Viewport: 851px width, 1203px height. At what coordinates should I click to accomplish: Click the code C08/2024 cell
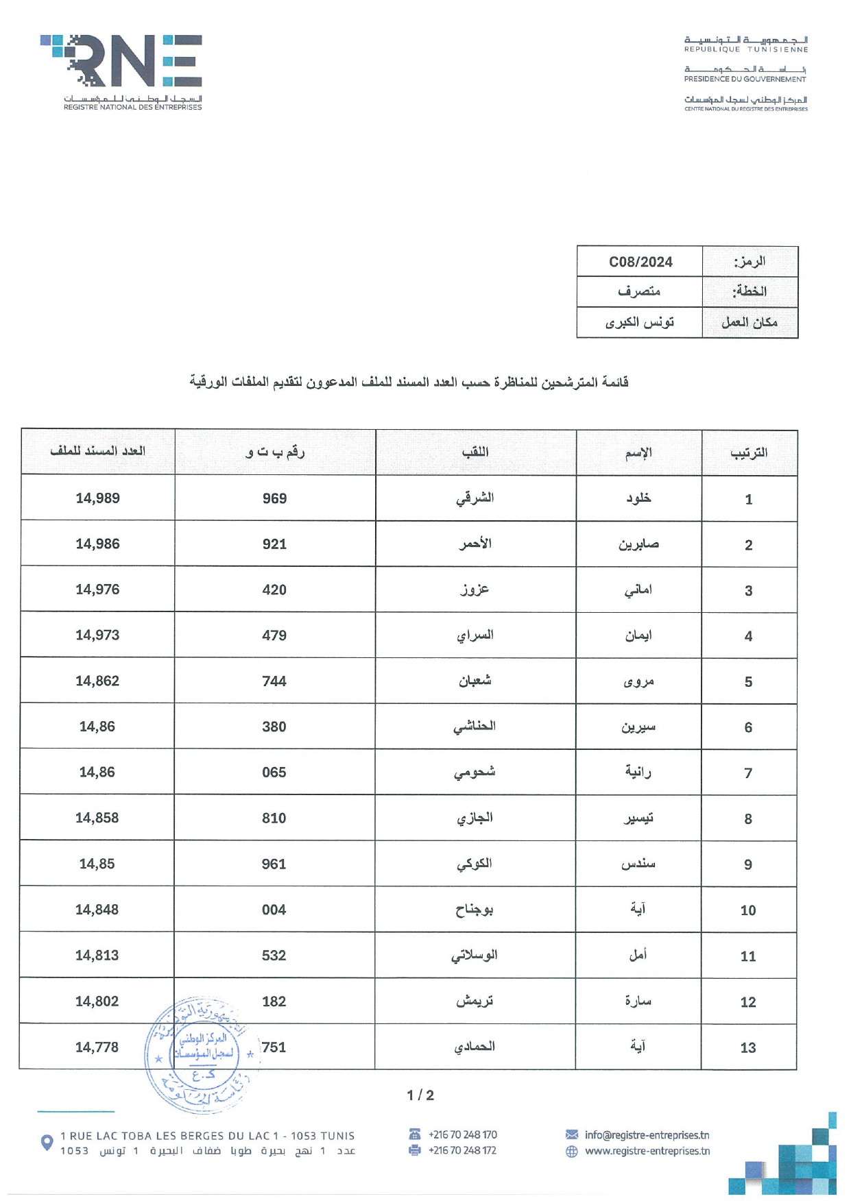(640, 262)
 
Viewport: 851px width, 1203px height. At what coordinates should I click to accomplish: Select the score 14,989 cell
(97, 498)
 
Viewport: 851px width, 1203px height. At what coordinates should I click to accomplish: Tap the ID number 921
(274, 544)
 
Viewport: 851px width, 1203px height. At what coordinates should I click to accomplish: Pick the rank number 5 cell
(748, 682)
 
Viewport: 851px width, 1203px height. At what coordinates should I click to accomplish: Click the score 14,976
(97, 590)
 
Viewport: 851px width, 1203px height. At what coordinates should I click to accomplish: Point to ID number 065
(274, 773)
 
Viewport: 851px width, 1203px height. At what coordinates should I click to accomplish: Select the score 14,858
(97, 818)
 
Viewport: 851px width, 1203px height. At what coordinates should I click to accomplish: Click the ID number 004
(274, 910)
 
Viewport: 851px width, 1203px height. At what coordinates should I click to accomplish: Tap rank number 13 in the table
(748, 1047)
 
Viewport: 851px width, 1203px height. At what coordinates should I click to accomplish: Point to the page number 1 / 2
(420, 1095)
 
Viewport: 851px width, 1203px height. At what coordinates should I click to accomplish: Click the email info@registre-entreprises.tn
(647, 1135)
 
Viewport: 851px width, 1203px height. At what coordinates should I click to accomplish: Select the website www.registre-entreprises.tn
(647, 1151)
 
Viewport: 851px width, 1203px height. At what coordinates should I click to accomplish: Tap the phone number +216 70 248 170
(462, 1135)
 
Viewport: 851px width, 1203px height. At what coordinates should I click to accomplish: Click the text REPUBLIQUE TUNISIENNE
(745, 49)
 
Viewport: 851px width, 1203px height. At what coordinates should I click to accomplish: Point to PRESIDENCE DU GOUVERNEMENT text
(745, 79)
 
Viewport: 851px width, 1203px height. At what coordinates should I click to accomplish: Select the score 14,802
(97, 1001)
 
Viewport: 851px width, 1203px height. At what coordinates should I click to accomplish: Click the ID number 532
(274, 956)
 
